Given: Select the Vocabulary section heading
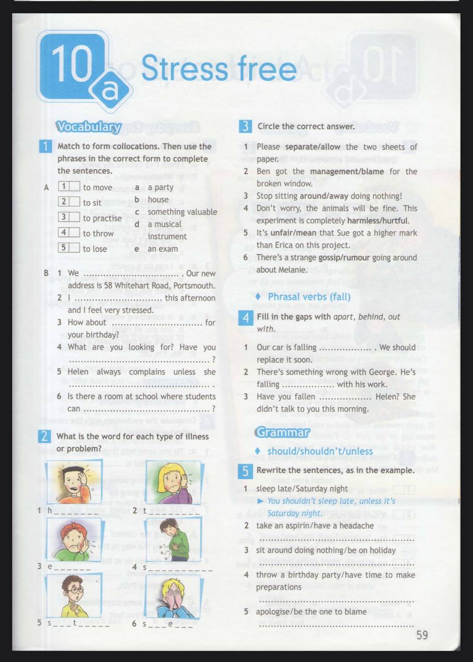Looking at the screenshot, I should [x=88, y=127].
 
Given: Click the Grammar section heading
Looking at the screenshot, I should [x=282, y=432].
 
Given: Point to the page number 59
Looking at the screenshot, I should [x=422, y=635].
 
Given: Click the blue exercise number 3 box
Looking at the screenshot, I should [x=245, y=126].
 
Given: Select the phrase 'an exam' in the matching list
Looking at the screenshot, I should [x=162, y=249].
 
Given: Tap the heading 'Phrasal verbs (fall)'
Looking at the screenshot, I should [x=309, y=296].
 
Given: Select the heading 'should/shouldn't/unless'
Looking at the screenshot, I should [x=320, y=451].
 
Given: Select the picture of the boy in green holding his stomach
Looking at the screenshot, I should [x=173, y=539].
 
